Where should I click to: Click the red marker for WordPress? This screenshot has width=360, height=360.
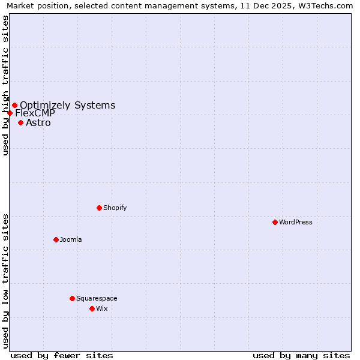click(x=275, y=222)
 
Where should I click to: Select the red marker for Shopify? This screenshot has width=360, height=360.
click(x=99, y=208)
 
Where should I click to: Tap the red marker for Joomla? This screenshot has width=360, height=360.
click(x=56, y=239)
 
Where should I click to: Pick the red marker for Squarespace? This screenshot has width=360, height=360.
click(x=72, y=298)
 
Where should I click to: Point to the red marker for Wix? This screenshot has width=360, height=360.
click(x=92, y=308)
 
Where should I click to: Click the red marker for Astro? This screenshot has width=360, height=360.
click(x=20, y=122)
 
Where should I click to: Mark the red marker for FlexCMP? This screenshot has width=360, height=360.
click(x=10, y=113)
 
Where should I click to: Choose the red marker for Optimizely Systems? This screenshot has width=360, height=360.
click(x=14, y=105)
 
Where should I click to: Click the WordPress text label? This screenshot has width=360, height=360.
click(x=296, y=222)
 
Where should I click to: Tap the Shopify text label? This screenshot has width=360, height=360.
click(x=115, y=208)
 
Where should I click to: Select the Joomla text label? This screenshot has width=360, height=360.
click(x=71, y=239)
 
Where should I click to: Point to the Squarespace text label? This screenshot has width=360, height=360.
click(x=97, y=298)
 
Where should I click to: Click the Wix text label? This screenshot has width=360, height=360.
click(x=102, y=308)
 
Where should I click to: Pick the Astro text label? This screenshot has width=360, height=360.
click(x=38, y=123)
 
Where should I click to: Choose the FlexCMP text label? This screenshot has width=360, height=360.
click(x=35, y=113)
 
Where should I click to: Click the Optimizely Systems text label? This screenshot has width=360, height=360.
click(x=68, y=106)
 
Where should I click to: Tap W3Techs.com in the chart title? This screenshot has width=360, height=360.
click(x=326, y=5)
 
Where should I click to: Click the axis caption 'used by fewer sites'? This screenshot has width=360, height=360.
click(x=62, y=355)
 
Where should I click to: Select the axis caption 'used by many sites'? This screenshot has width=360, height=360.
click(x=301, y=355)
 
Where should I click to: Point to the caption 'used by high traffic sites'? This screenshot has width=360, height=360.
click(x=5, y=85)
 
